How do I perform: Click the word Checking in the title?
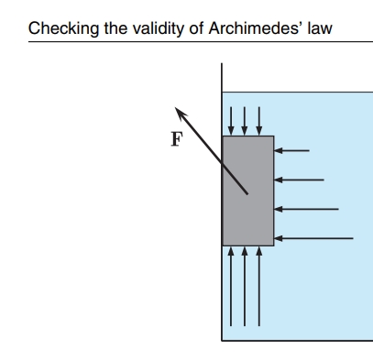click(63, 29)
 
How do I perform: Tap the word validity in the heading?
click(159, 29)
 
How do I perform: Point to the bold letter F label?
click(177, 139)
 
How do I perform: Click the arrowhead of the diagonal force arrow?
click(180, 112)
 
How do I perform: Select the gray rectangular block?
click(248, 191)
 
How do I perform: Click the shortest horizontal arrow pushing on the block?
click(291, 150)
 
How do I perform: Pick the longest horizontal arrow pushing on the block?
click(313, 238)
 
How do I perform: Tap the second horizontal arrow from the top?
click(299, 180)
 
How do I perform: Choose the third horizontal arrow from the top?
click(306, 209)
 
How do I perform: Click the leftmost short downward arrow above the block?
click(231, 121)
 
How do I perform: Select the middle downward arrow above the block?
click(245, 121)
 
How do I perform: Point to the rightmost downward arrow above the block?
click(259, 121)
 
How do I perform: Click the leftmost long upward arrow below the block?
click(231, 287)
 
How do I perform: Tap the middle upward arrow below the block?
click(245, 287)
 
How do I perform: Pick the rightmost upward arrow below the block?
click(259, 287)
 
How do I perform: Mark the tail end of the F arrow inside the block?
click(247, 193)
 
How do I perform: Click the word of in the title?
click(196, 28)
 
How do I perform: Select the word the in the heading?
click(115, 28)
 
